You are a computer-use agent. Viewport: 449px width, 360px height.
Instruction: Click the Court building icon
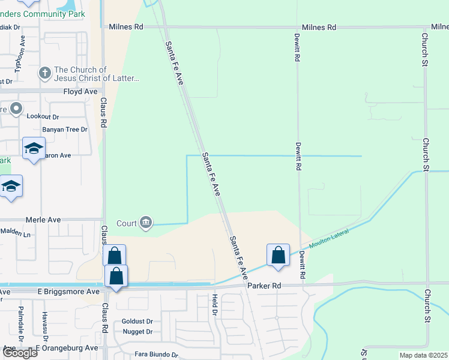(x=146, y=223)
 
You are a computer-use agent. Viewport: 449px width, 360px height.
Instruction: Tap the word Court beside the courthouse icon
(x=127, y=224)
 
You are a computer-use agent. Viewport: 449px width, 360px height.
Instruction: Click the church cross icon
(x=44, y=74)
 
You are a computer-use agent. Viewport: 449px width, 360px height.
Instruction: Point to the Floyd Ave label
(x=80, y=92)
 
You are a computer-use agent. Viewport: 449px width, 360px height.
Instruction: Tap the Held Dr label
(x=214, y=305)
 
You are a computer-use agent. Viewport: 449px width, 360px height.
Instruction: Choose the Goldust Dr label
(x=137, y=321)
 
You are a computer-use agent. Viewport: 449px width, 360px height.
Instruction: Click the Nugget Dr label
(x=137, y=332)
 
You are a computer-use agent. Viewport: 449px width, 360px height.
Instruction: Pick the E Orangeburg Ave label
(x=67, y=347)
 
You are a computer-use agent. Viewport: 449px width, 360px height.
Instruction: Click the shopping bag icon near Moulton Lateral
(x=279, y=255)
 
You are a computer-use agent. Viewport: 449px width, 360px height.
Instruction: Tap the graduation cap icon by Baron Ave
(x=34, y=148)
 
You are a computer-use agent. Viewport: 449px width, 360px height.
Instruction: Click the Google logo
(x=20, y=352)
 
